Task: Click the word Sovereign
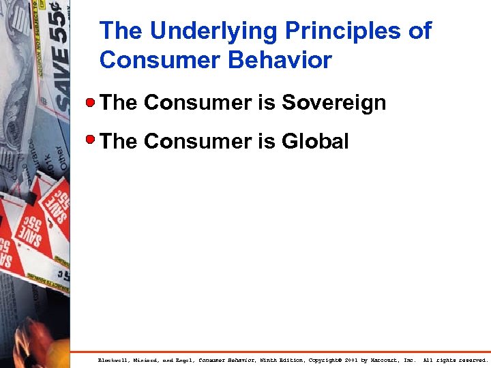pyautogui.click(x=334, y=103)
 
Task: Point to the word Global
pyautogui.click(x=315, y=141)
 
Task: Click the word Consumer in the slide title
pyautogui.click(x=156, y=61)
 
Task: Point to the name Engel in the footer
pyautogui.click(x=183, y=360)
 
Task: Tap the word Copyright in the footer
pyautogui.click(x=325, y=360)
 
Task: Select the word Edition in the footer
pyautogui.click(x=292, y=360)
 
